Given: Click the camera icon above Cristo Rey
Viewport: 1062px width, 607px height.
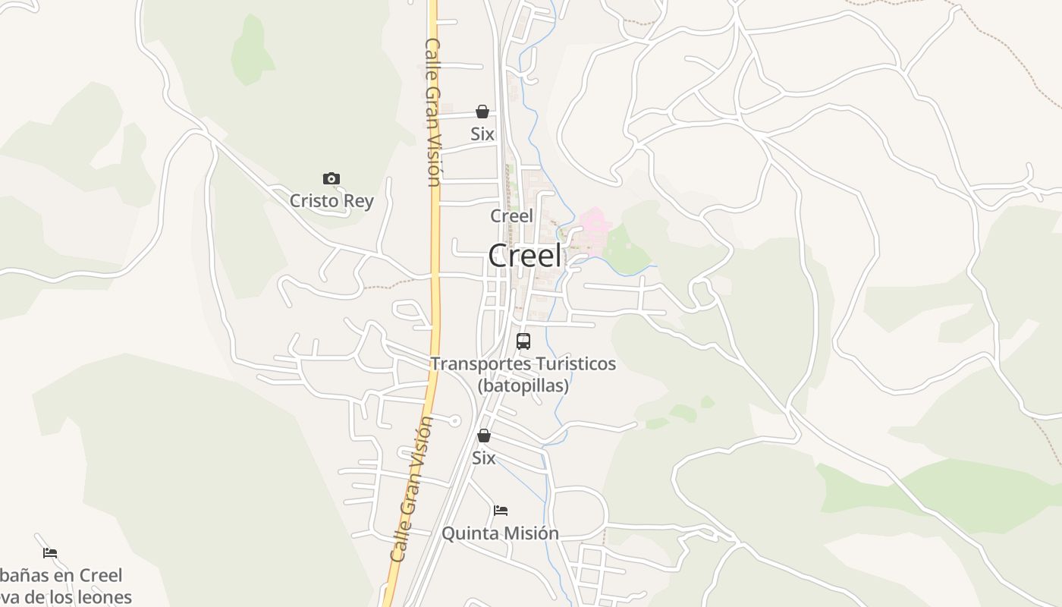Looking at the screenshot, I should [x=331, y=179].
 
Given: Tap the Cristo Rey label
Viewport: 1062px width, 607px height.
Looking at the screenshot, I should [x=331, y=201].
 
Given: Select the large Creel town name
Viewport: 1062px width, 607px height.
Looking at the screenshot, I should [x=525, y=256].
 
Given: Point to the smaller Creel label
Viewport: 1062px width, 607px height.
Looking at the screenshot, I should [x=511, y=215].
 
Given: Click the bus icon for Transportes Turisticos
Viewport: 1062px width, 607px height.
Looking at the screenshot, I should [x=523, y=341].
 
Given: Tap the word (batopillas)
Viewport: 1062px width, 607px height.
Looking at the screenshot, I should [x=523, y=385].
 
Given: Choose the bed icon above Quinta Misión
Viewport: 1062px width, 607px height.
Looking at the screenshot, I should [x=501, y=511].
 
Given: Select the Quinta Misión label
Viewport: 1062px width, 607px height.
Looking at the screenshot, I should [x=500, y=533].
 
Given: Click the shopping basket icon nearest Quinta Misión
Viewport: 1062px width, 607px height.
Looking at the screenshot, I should [x=483, y=436].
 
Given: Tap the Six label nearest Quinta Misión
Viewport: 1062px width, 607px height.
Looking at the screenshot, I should [x=483, y=458].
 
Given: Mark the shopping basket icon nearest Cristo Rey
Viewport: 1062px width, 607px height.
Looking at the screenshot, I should [x=482, y=112].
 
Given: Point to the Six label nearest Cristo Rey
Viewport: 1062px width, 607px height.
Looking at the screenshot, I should [x=482, y=134].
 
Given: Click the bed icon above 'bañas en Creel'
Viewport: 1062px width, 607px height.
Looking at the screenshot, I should [x=50, y=553].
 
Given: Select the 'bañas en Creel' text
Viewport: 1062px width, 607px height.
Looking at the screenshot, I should [x=61, y=575].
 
